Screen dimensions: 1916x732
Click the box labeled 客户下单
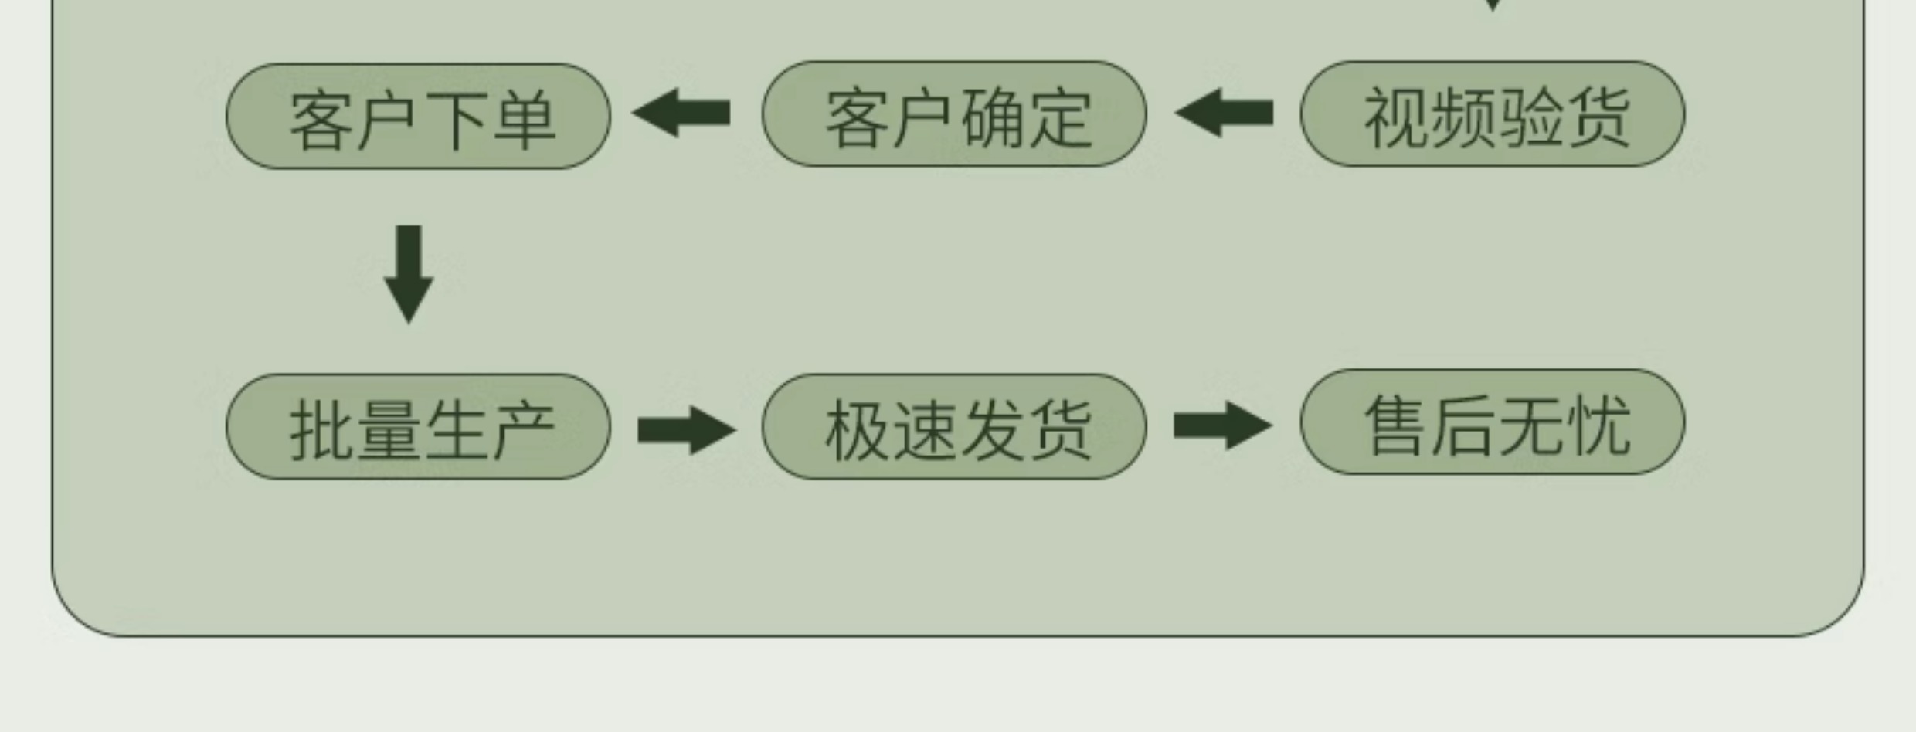point(418,117)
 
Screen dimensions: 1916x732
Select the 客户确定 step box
point(954,114)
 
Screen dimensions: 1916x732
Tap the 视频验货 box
point(1492,114)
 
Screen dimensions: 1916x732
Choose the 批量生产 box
point(418,427)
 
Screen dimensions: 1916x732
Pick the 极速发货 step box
point(954,427)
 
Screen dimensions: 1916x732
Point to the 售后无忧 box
point(1492,422)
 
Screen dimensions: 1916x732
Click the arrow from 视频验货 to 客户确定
point(1224,113)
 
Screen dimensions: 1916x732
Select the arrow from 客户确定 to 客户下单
point(681,113)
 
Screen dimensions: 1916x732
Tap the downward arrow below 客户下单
point(409,274)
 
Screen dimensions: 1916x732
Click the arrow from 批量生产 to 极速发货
point(686,430)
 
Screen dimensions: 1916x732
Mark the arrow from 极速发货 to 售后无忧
point(1222,425)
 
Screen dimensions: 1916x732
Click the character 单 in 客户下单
point(524,120)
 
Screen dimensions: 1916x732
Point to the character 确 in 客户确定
point(993,119)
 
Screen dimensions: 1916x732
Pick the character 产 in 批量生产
point(524,431)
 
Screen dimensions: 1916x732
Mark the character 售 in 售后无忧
point(1395,425)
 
